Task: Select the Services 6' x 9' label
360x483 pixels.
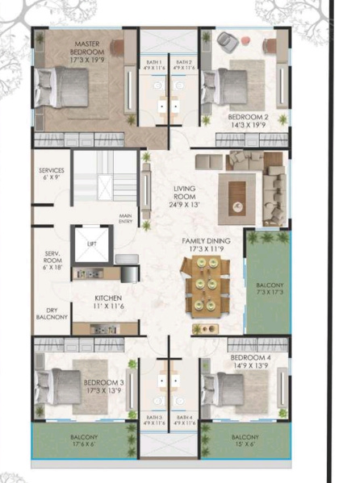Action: (x=52, y=175)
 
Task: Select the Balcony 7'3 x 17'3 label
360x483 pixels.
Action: (x=267, y=290)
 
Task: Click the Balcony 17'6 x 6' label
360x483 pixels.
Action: (x=82, y=439)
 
